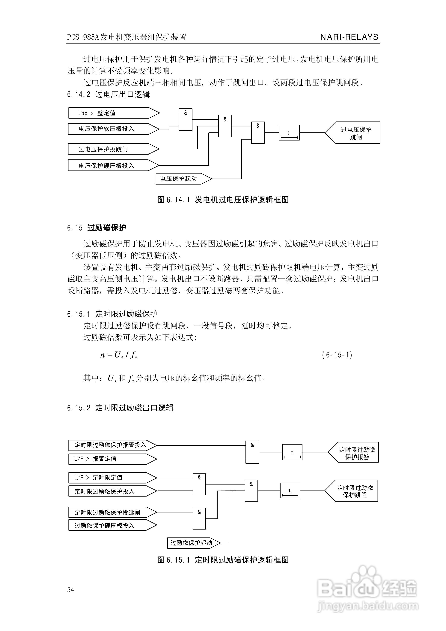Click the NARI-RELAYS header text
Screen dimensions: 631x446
349,37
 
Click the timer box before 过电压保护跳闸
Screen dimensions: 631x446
289,133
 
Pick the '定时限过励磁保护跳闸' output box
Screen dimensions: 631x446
353,491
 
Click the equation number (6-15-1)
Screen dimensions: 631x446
337,355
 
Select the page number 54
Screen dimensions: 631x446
71,590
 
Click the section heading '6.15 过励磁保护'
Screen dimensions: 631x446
97,228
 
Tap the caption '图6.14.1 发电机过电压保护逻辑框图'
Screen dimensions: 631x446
223,200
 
